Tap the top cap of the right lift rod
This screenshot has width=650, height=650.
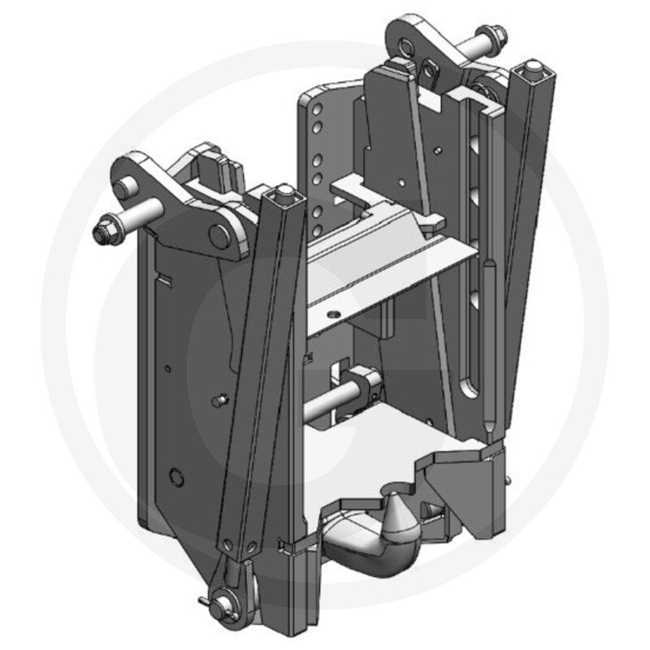[x=534, y=66]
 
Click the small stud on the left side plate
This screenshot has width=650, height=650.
[x=218, y=401]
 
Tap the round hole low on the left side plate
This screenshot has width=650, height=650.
[x=172, y=474]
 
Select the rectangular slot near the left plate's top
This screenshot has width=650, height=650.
[x=166, y=280]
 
